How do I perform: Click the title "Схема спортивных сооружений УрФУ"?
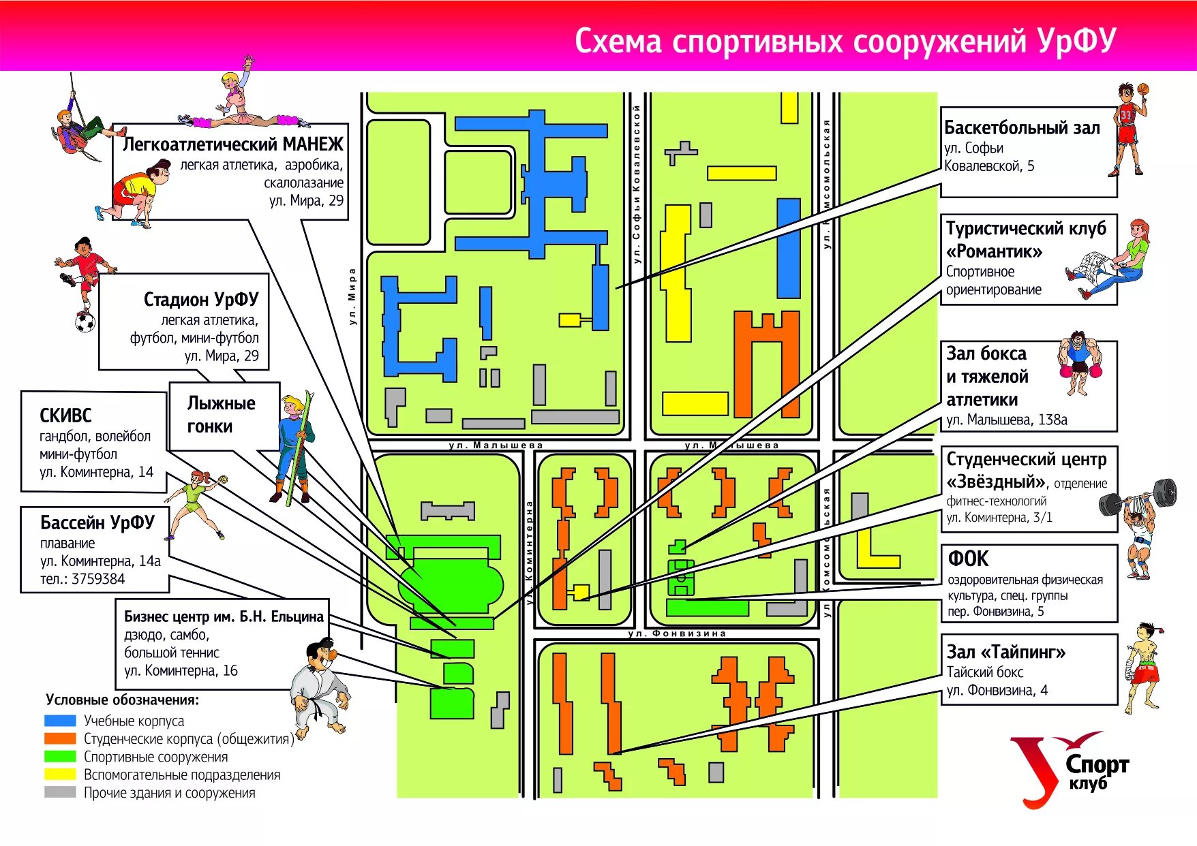(845, 41)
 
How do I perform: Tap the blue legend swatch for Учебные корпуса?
(60, 721)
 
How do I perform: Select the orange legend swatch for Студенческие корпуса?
(60, 738)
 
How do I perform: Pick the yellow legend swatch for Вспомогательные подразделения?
(60, 774)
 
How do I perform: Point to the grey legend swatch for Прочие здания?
(60, 792)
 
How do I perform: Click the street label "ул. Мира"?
(352, 296)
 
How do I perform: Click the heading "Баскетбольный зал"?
(1022, 128)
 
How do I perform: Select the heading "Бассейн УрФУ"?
(97, 522)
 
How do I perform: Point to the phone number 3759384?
(98, 579)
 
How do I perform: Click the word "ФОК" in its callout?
(968, 559)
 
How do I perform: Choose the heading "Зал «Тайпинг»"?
(1005, 652)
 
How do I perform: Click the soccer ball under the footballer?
(85, 322)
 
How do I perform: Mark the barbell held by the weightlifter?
(1138, 497)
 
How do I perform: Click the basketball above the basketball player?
(1143, 89)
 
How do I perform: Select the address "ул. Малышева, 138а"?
(1006, 420)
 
